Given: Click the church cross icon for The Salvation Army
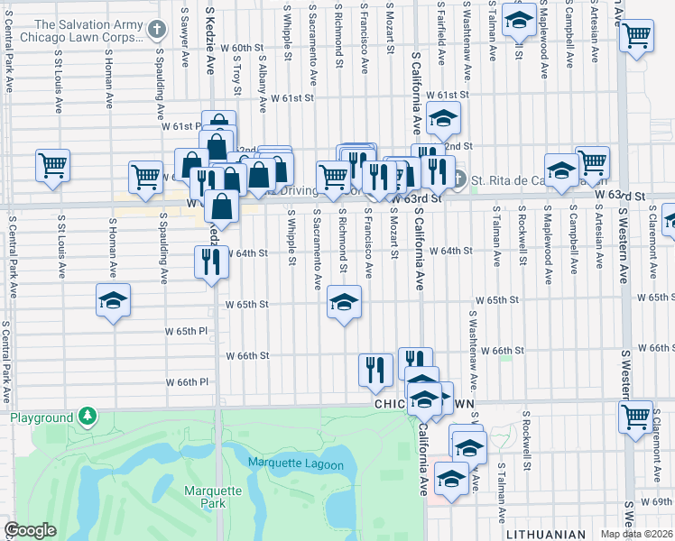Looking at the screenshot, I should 157,30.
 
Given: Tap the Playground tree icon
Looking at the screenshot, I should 87,417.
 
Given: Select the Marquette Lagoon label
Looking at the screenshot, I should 296,465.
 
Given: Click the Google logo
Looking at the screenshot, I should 30,530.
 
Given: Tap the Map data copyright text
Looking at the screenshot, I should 637,534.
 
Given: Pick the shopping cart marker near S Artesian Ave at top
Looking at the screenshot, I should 637,36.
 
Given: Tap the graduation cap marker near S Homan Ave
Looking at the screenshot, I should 114,299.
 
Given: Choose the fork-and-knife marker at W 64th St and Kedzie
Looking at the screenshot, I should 211,261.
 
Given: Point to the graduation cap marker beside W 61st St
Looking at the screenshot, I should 443,117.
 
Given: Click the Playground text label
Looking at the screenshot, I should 41,418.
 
